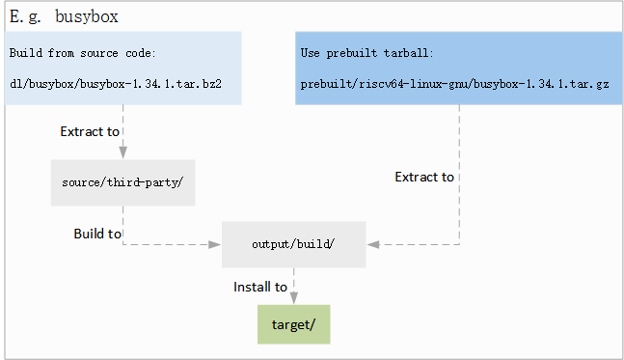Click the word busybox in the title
tap(87, 17)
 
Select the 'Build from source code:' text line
tap(82, 53)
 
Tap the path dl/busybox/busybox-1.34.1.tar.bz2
tap(116, 84)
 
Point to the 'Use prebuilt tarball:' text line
tap(366, 53)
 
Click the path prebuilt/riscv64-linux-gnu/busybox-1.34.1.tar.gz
tap(454, 84)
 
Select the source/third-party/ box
tap(123, 182)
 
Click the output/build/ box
tap(293, 244)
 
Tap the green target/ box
tap(293, 324)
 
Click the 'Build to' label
tap(97, 234)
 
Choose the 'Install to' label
tap(260, 287)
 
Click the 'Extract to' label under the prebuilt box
tap(424, 177)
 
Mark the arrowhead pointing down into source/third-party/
tap(123, 153)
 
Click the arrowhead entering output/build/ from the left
tap(215, 245)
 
